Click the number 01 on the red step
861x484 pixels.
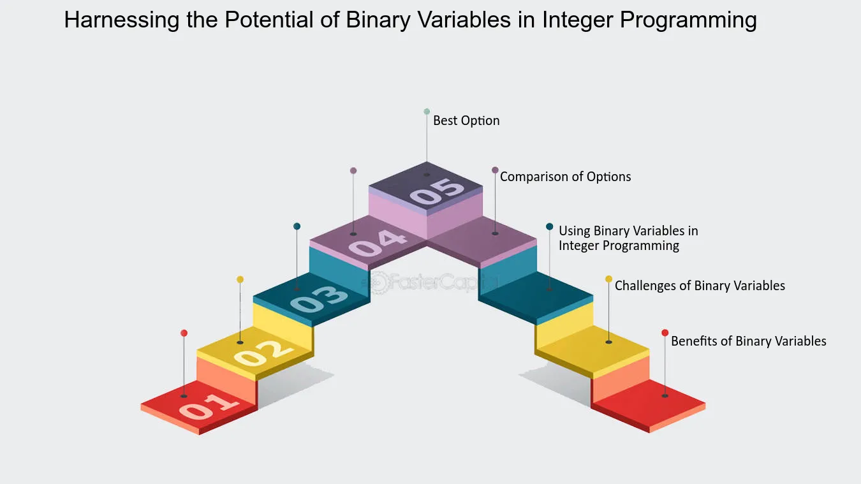[209, 406]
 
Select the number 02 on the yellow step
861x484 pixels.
[263, 353]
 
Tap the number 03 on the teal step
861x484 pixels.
[319, 298]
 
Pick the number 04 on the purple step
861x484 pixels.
[377, 243]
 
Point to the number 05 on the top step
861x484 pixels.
[436, 191]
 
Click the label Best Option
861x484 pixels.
[466, 121]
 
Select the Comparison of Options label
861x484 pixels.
[566, 177]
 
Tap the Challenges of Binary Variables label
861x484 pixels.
[700, 286]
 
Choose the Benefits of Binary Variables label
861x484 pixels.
[749, 341]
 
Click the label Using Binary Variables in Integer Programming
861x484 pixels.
[628, 238]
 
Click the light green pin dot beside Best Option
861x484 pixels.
[427, 112]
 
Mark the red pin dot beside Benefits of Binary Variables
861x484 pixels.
[665, 332]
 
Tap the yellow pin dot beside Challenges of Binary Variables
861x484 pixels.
[609, 279]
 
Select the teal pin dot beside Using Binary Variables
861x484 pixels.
[550, 226]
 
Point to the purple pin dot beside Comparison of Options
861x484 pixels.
[495, 170]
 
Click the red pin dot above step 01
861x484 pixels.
[184, 333]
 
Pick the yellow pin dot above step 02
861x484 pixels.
[240, 279]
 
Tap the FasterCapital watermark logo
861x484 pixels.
[429, 282]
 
